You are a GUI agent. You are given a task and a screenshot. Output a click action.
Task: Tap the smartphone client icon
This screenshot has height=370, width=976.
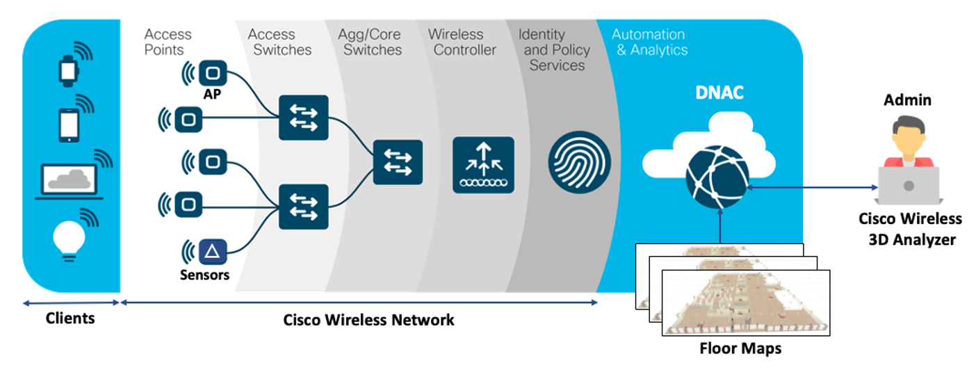[x=69, y=125]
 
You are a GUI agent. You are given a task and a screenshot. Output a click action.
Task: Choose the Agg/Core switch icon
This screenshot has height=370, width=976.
[x=398, y=162]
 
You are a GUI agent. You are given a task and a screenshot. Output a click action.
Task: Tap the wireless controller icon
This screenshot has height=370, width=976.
[x=483, y=165]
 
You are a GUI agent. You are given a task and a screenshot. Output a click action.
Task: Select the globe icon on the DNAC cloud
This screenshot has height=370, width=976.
[x=716, y=175]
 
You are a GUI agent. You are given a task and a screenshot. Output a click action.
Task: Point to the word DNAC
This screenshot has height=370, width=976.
[x=719, y=92]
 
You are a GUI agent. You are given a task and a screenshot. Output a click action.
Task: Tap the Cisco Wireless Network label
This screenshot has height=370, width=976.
[x=368, y=320]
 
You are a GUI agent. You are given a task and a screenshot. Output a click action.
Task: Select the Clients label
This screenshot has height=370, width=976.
[x=70, y=319]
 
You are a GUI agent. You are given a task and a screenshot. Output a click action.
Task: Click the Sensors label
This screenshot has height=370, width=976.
[x=204, y=275]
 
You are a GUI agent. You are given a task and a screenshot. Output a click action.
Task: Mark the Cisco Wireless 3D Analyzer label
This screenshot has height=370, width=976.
[x=910, y=229]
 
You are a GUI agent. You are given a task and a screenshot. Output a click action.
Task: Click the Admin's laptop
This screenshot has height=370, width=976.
[x=908, y=184]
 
